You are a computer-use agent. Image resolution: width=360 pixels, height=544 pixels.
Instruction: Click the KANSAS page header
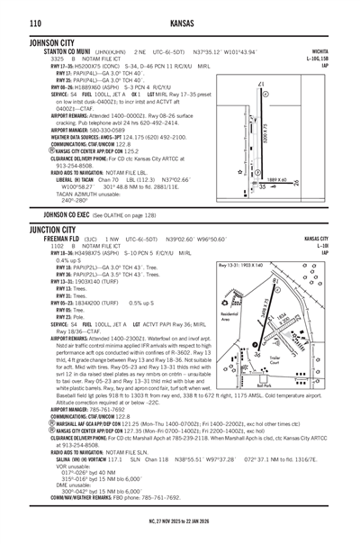coord(179,22)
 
